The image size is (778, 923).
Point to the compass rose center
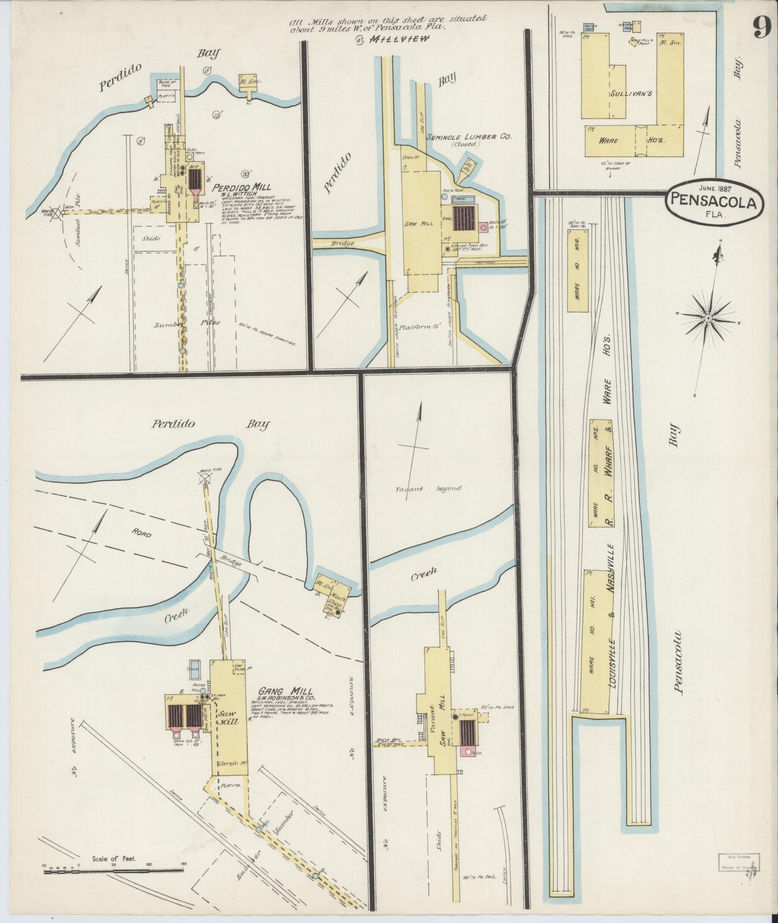[x=708, y=318]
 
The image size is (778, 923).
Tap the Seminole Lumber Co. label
[x=468, y=137]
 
